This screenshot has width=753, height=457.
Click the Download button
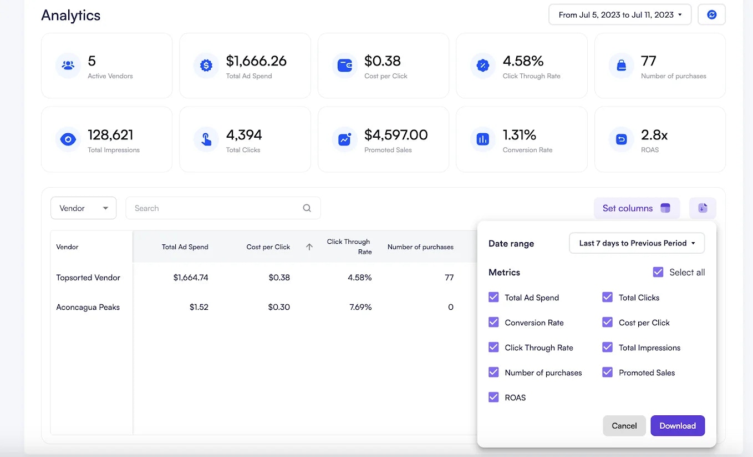click(x=677, y=426)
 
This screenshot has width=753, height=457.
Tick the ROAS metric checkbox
click(x=493, y=398)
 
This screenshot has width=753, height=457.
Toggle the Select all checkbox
click(x=658, y=272)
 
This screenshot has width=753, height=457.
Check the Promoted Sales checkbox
click(x=608, y=373)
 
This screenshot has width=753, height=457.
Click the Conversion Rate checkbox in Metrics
click(x=493, y=323)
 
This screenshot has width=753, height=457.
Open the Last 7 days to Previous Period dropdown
click(x=637, y=243)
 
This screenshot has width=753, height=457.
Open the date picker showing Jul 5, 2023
click(x=619, y=15)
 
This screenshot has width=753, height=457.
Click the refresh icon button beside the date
click(x=711, y=15)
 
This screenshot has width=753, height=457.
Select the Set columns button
click(x=637, y=208)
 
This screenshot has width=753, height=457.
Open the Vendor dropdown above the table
click(x=83, y=208)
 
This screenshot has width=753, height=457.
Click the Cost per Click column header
click(x=268, y=247)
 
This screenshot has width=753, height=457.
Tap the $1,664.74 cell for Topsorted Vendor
click(x=190, y=278)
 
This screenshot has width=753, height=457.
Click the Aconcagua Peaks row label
click(x=88, y=307)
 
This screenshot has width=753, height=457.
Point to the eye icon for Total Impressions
click(x=68, y=139)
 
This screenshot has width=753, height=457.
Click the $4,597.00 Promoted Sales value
click(x=395, y=135)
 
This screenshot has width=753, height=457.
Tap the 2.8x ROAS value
click(x=654, y=135)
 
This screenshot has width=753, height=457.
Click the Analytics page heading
click(x=71, y=15)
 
